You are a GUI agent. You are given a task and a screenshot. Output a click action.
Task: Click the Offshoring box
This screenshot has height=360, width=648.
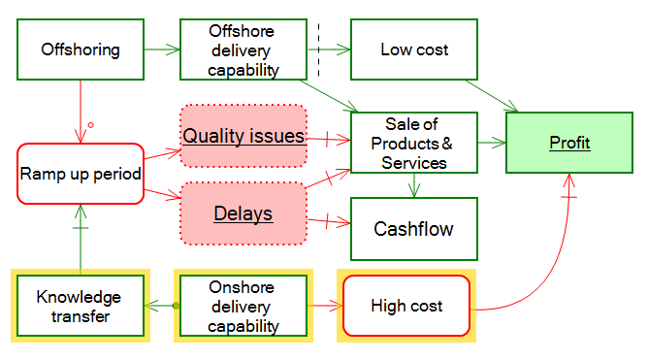click(x=81, y=49)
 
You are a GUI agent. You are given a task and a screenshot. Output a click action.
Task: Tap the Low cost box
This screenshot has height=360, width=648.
click(x=414, y=49)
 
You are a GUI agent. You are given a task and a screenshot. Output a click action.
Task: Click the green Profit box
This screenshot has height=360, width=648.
click(x=569, y=143)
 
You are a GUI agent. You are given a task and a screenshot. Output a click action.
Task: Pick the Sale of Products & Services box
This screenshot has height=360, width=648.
click(x=414, y=143)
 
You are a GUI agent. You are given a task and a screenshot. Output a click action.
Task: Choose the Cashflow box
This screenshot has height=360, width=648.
click(x=414, y=229)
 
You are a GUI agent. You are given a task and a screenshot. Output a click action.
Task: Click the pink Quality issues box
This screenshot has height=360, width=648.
click(x=243, y=136)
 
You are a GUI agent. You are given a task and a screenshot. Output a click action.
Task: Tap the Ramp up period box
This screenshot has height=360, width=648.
click(x=81, y=174)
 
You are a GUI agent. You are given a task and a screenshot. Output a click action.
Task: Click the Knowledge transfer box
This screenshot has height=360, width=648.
click(x=81, y=306)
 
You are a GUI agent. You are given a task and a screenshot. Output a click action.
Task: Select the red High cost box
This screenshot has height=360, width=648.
click(x=406, y=306)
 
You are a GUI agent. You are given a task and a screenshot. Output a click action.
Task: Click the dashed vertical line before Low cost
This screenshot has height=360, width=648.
click(x=318, y=49)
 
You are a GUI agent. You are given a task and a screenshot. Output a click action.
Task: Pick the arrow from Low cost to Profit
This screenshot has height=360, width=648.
click(x=499, y=94)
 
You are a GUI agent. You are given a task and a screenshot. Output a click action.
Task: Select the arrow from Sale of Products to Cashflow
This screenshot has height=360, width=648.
click(x=414, y=186)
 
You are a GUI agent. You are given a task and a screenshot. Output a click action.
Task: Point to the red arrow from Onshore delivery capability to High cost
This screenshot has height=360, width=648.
click(x=325, y=306)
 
